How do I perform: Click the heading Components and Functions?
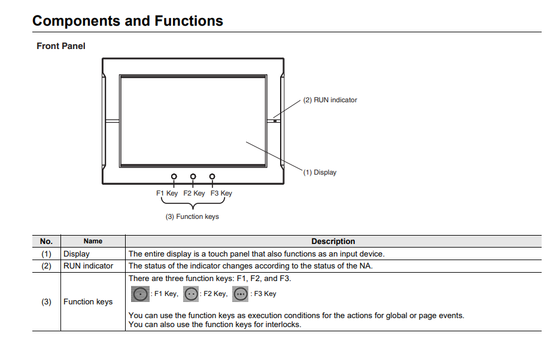(127, 21)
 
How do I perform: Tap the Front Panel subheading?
(61, 46)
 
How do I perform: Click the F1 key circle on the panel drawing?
(174, 176)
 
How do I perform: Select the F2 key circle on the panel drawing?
(193, 176)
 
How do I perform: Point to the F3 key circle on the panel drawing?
(212, 176)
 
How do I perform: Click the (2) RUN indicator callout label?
(330, 100)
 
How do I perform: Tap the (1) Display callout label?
(320, 172)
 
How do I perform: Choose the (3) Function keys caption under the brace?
(192, 216)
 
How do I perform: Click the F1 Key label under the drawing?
(167, 193)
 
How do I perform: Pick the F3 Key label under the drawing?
(221, 193)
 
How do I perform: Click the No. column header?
(46, 242)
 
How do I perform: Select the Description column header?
(333, 242)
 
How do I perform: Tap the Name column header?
(93, 242)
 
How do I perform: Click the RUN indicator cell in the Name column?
(88, 266)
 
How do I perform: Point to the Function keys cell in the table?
(88, 302)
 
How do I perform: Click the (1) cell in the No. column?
(46, 254)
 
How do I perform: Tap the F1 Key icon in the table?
(139, 294)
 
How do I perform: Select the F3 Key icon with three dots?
(240, 294)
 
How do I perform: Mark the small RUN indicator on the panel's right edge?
(275, 120)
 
